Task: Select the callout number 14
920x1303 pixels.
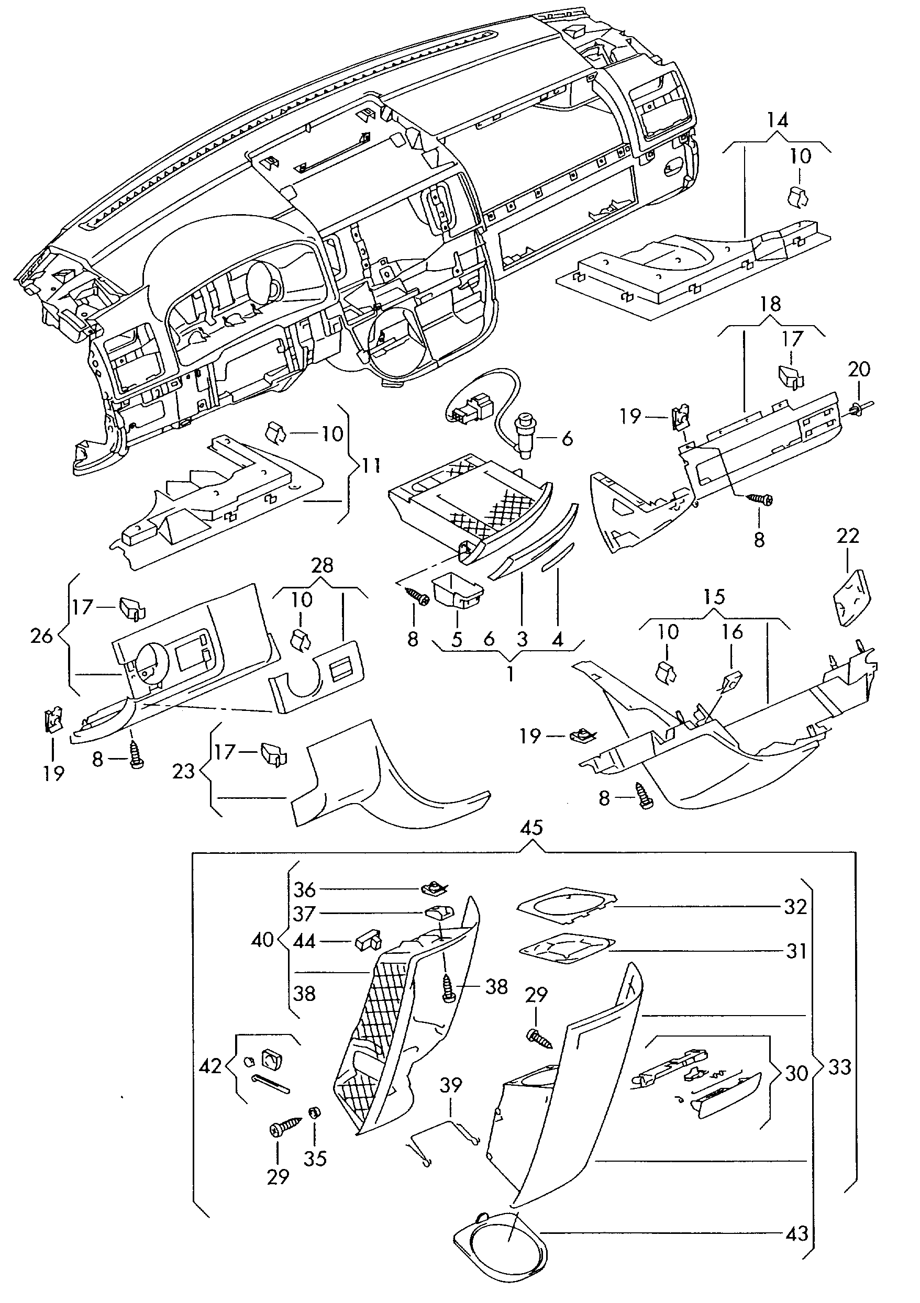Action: pos(778,120)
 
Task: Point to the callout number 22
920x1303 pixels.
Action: pos(848,536)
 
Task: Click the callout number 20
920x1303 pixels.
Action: pos(859,370)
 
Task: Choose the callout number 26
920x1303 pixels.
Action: pos(41,636)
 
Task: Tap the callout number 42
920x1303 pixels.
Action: pos(210,1066)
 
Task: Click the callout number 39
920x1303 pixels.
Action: pos(451,1085)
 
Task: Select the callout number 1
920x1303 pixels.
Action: pos(510,674)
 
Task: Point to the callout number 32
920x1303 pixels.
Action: pos(795,907)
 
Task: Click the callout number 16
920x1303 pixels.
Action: pos(732,632)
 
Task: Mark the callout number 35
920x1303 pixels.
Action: pos(315,1159)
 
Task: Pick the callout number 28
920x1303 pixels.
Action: pos(322,565)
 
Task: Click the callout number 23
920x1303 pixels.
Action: pos(183,771)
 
